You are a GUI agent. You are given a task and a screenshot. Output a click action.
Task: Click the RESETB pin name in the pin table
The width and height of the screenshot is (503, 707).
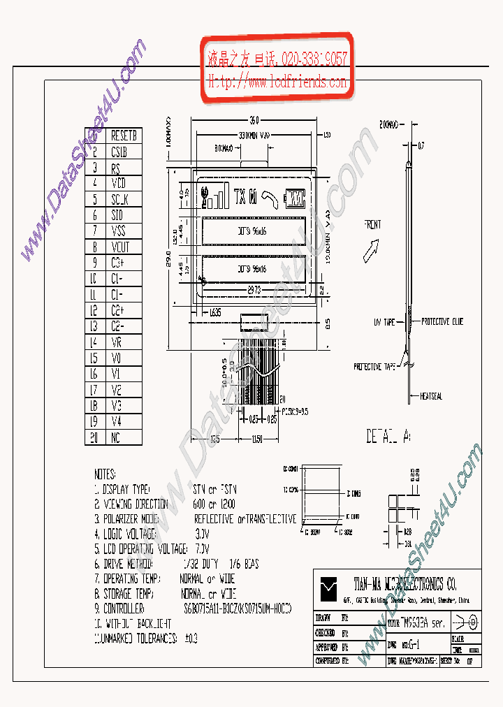click(125, 136)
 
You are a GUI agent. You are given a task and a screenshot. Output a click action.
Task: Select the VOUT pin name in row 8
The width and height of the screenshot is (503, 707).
click(120, 247)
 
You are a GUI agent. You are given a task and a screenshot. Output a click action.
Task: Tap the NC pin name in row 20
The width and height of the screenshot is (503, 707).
click(116, 438)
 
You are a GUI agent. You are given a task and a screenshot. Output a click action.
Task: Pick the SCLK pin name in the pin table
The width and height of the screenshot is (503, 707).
click(120, 199)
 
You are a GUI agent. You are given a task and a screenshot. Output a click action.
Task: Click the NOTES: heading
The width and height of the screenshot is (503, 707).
click(105, 474)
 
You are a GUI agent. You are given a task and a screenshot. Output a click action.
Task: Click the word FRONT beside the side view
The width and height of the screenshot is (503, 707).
click(372, 225)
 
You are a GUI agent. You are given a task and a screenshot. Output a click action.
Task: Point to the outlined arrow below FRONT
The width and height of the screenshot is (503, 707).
click(373, 247)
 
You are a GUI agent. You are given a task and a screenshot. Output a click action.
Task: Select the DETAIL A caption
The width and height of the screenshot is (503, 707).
click(388, 437)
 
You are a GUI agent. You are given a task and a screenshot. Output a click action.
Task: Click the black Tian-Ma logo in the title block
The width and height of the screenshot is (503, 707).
click(328, 589)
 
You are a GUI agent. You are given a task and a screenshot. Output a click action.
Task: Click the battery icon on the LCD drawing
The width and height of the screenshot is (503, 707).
click(296, 198)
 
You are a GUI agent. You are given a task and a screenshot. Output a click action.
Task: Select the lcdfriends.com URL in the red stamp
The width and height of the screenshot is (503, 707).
click(278, 82)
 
